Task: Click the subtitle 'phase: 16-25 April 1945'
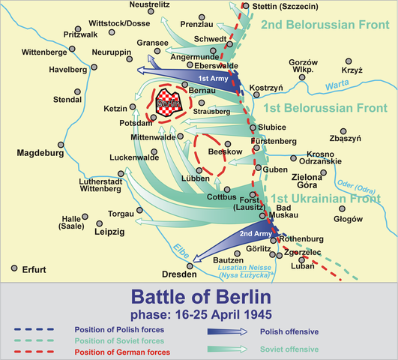click(x=199, y=313)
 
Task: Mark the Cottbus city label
click(x=222, y=196)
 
